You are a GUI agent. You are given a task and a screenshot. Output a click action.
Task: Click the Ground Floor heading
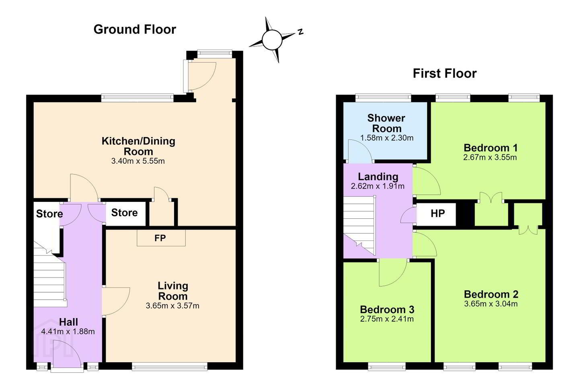point(135,29)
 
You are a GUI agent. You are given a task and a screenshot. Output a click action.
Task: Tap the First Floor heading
point(445,74)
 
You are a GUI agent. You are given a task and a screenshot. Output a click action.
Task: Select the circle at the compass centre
point(272,40)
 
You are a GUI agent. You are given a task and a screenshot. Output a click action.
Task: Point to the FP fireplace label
point(160,238)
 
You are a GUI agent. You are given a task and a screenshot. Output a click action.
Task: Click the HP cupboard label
point(437,213)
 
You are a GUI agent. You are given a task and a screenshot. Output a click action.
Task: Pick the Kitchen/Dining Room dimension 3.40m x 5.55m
point(138,161)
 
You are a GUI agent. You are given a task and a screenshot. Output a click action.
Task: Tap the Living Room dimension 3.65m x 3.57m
point(172,306)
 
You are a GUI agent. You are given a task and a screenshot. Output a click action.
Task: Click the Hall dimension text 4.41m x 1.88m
point(68,331)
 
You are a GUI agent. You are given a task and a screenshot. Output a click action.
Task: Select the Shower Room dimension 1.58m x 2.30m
point(387,138)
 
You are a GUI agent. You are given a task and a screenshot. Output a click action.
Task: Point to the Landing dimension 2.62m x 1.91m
point(378,186)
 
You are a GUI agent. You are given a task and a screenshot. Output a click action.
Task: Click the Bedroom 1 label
point(491,148)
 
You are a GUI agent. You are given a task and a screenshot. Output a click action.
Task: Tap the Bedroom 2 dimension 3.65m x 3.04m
point(491,304)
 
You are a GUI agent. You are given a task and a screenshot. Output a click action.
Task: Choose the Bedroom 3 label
point(387,310)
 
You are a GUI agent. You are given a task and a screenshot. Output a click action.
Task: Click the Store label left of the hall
point(49,214)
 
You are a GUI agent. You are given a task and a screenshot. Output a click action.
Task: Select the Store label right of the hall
point(124,213)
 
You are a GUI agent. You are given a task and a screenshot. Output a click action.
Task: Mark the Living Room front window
point(170,366)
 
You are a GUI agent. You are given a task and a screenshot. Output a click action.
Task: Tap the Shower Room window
point(383,98)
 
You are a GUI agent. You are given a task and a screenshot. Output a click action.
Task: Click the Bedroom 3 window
point(387,366)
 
